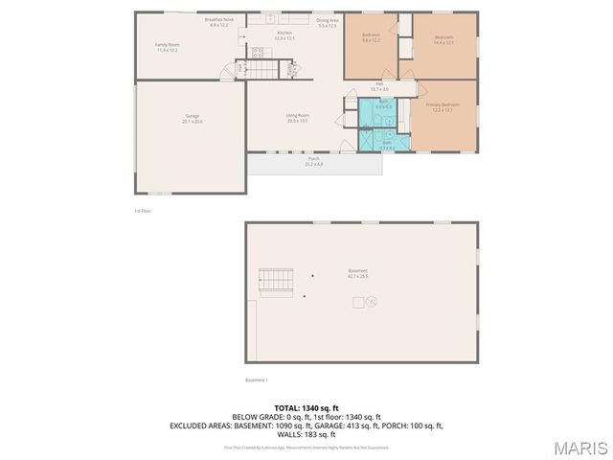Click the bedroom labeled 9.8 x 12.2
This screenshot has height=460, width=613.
coord(372,38)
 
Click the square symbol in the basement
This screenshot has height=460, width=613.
coord(358,303)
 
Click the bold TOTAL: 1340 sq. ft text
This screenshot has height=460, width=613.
coord(306,408)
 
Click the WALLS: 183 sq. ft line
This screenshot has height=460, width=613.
coord(306,434)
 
